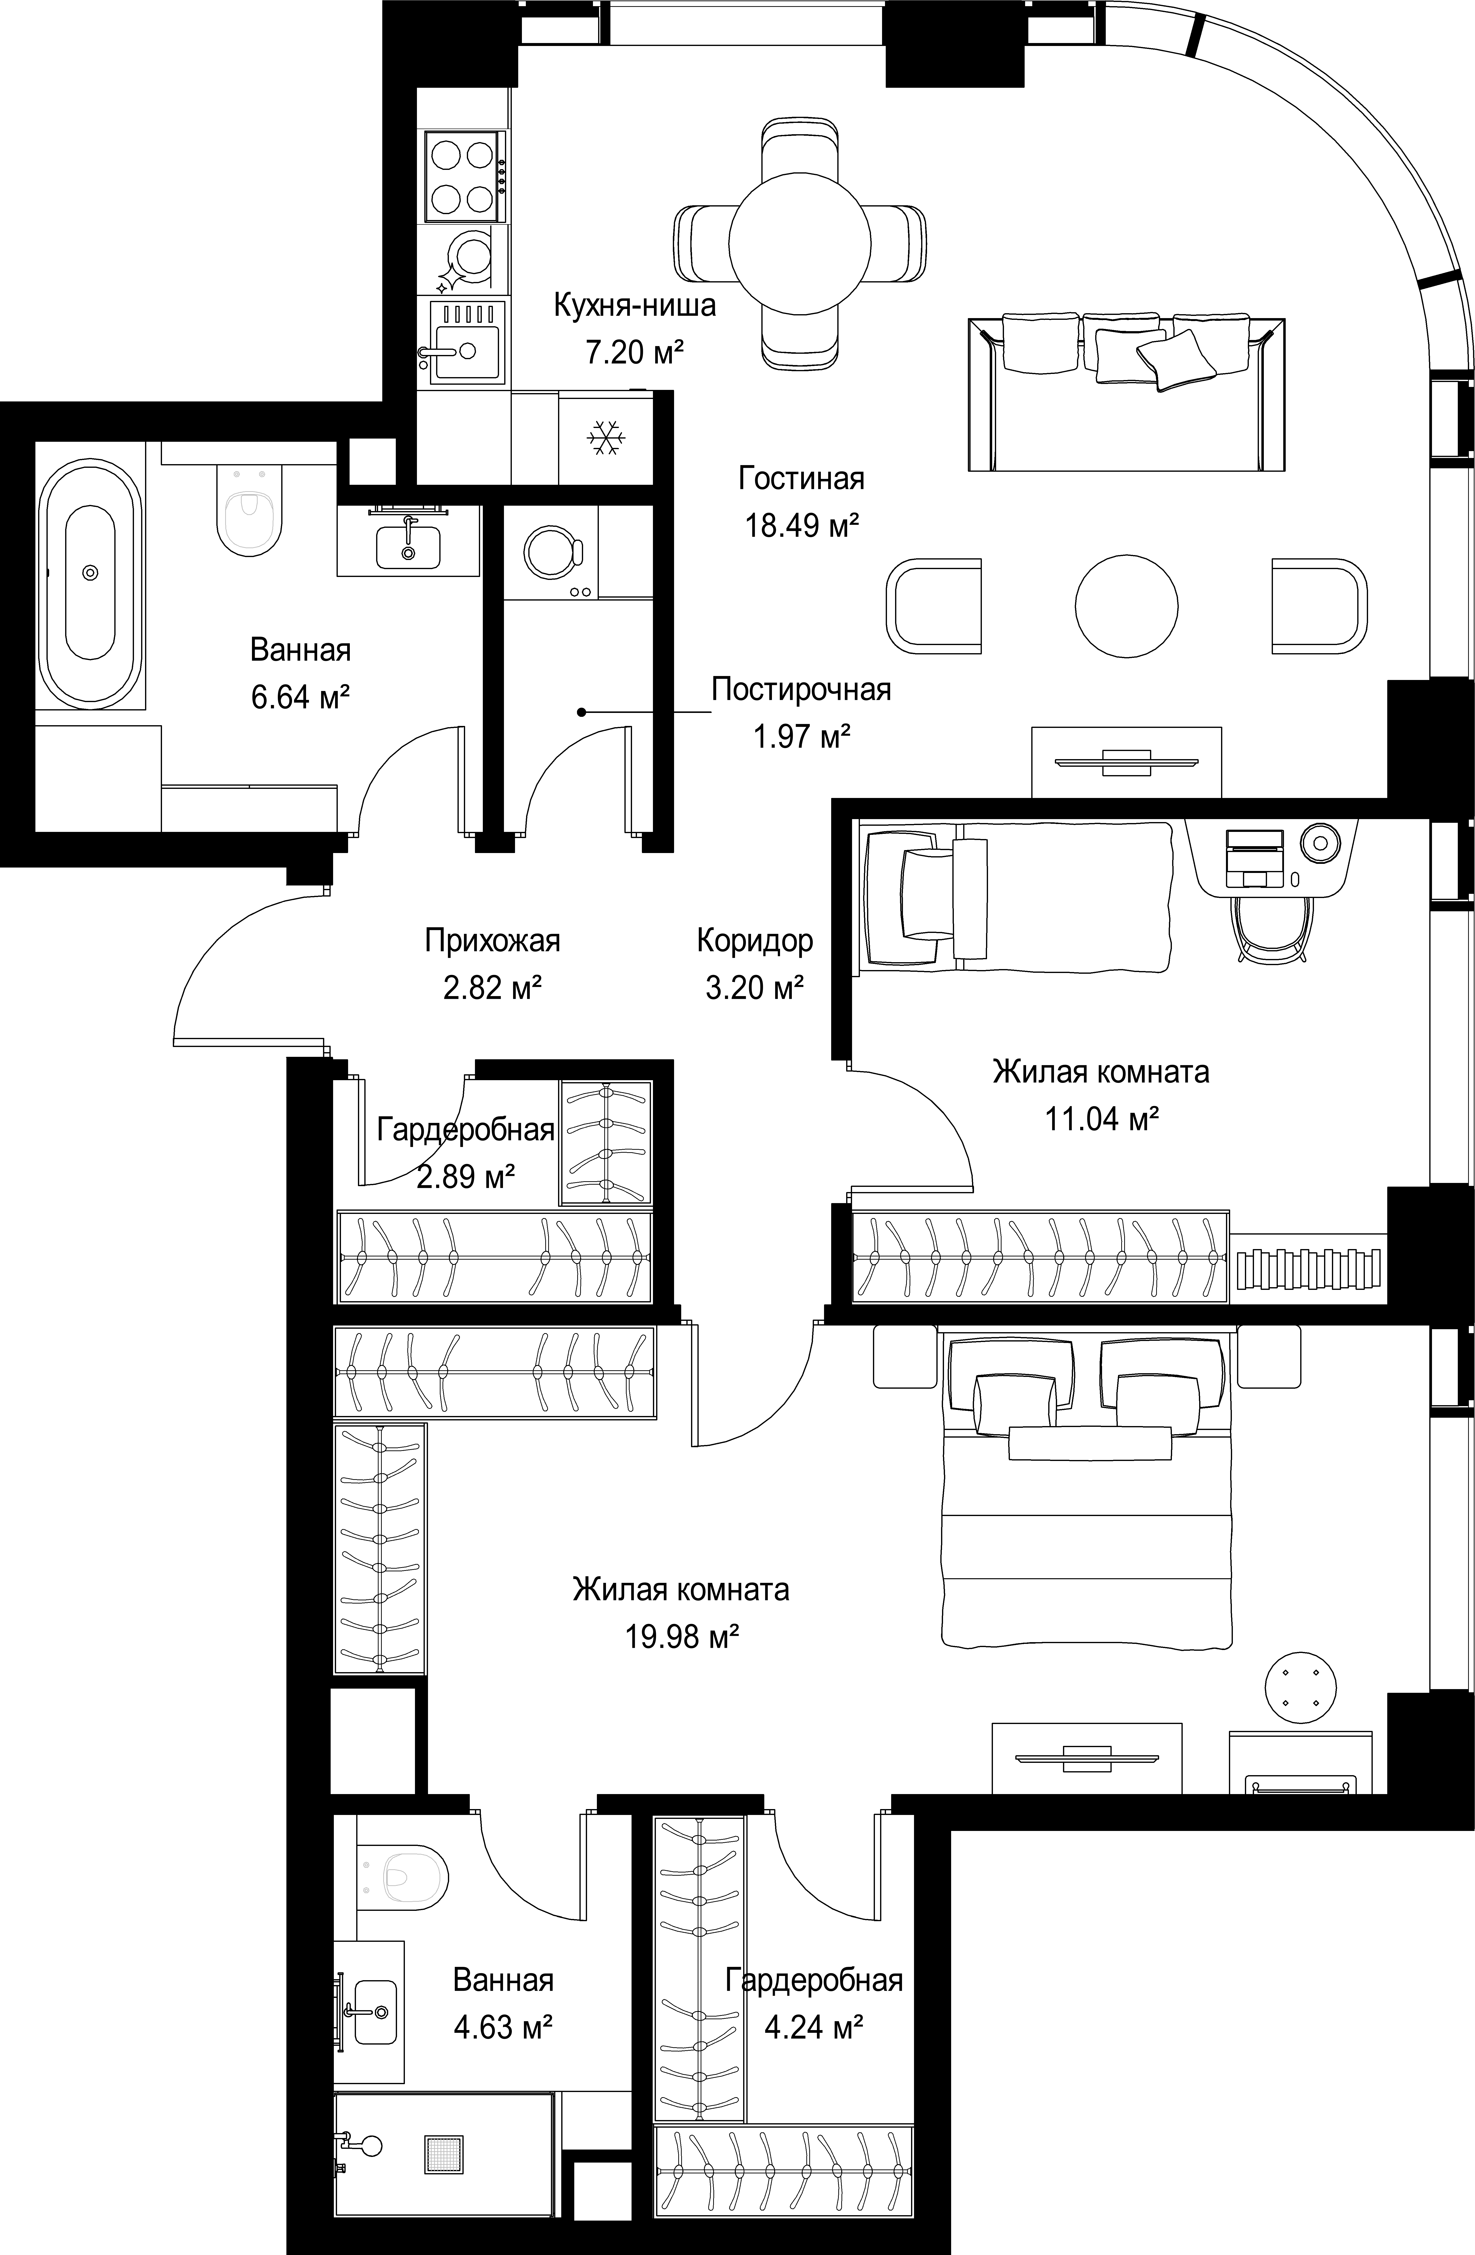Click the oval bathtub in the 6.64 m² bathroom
tap(90, 572)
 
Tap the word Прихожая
tap(492, 941)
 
